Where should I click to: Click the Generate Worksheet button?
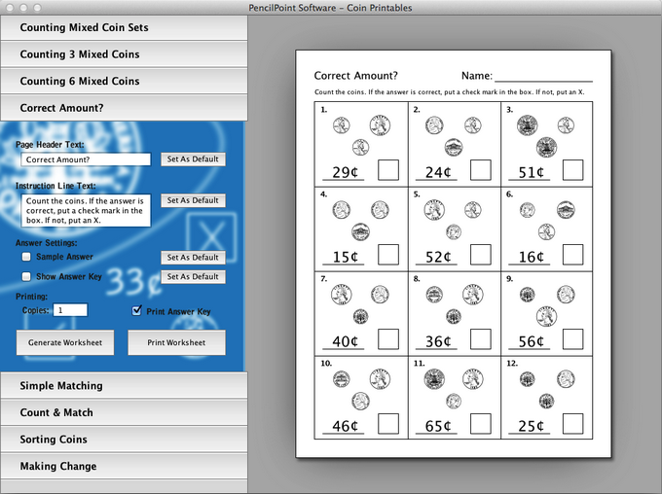pyautogui.click(x=65, y=342)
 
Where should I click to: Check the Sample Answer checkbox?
pyautogui.click(x=26, y=257)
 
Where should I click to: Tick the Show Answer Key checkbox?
pyautogui.click(x=26, y=276)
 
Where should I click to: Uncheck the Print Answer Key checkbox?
pyautogui.click(x=136, y=311)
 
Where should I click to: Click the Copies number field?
pyautogui.click(x=70, y=310)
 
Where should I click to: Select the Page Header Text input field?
pyautogui.click(x=86, y=159)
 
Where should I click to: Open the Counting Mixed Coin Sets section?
pyautogui.click(x=125, y=28)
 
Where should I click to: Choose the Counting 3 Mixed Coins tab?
pyautogui.click(x=125, y=54)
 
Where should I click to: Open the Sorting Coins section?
pyautogui.click(x=125, y=440)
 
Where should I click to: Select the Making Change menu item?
pyautogui.click(x=125, y=466)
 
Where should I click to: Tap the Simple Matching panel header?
pyautogui.click(x=125, y=386)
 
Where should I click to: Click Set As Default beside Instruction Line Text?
pyautogui.click(x=193, y=200)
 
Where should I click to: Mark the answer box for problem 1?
pyautogui.click(x=388, y=170)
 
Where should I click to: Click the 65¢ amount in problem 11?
pyautogui.click(x=438, y=426)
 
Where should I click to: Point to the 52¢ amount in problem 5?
pyautogui.click(x=438, y=257)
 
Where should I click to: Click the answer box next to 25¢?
pyautogui.click(x=572, y=424)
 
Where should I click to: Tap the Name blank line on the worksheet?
pyautogui.click(x=544, y=81)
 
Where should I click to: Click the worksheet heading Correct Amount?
pyautogui.click(x=356, y=76)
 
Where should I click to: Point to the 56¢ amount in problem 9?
pyautogui.click(x=531, y=341)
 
